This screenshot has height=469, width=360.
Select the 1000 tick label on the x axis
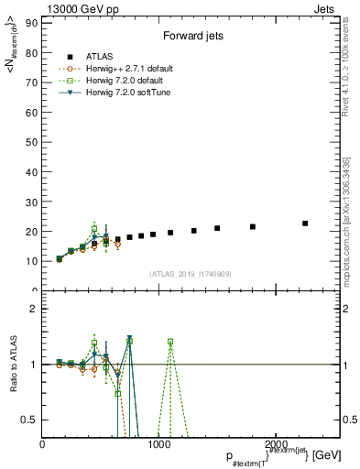tap(161, 443)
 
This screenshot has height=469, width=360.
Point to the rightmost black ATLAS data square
tap(305, 223)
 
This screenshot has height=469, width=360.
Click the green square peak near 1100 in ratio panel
tap(170, 342)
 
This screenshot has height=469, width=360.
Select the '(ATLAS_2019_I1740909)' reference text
tap(189, 274)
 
